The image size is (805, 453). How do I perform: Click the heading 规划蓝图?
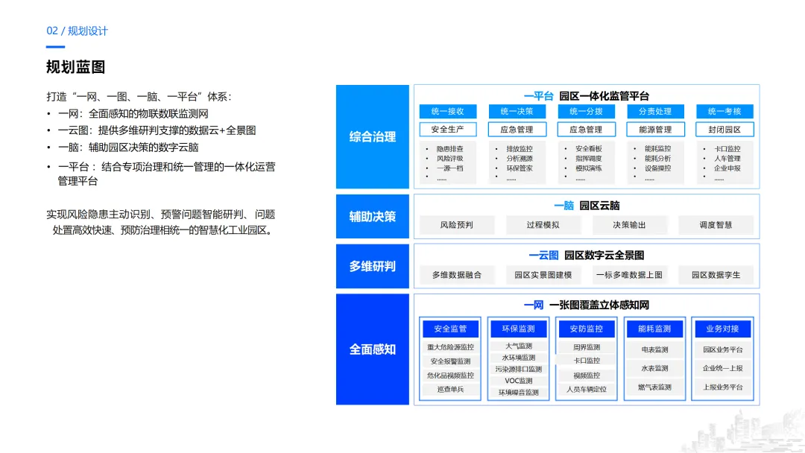75,67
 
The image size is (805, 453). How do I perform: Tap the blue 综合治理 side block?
372,136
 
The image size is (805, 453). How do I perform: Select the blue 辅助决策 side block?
372,217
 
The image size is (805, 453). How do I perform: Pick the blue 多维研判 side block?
372,266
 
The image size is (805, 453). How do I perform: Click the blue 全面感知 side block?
372,349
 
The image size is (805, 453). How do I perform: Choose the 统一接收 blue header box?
447,112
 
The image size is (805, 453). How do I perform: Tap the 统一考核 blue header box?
724,112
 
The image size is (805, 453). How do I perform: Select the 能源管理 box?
655,130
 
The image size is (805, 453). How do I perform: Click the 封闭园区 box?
724,130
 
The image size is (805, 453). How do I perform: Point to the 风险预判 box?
456,225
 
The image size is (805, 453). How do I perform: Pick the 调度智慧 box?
716,225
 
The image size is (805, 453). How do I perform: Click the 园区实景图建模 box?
543,275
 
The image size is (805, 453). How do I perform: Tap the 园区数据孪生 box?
716,275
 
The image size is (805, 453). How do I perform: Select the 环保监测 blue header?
518,329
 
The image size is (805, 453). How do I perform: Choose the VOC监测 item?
518,381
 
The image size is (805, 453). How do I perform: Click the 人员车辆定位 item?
587,389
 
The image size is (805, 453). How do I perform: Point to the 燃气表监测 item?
654,387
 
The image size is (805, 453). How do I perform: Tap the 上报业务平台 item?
723,387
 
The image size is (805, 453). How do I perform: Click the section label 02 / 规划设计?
77,31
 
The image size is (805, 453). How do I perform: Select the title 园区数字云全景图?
604,256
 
